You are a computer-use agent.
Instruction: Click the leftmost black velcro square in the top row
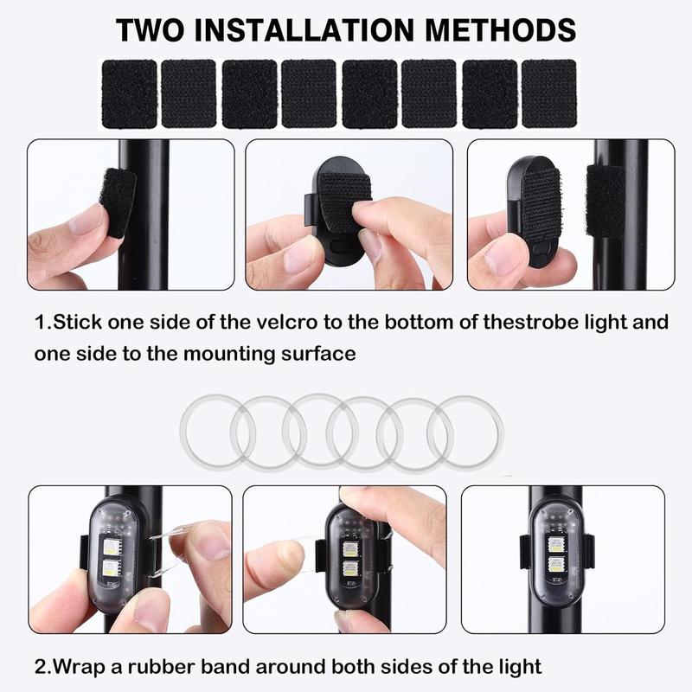point(129,93)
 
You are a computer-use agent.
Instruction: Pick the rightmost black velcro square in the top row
point(548,93)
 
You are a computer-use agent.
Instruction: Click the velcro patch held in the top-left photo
point(118,201)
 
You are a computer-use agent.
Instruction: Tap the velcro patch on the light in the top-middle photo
point(344,201)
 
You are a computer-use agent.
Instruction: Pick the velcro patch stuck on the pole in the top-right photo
point(605,201)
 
